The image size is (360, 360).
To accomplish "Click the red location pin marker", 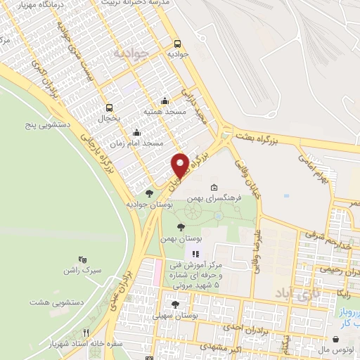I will click(x=180, y=165).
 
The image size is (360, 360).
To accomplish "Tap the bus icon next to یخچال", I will click(x=109, y=108).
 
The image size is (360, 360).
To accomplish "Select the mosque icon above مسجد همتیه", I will click(x=165, y=100).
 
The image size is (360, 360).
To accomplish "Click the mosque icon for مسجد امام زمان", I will click(x=136, y=132).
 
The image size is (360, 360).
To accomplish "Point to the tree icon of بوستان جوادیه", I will click(x=148, y=193).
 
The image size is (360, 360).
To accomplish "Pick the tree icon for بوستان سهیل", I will click(x=175, y=304).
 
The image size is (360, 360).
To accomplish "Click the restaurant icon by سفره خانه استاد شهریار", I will click(x=86, y=333).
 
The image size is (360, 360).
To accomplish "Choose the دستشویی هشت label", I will click(x=54, y=302).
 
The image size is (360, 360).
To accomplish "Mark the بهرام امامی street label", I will click(x=320, y=172).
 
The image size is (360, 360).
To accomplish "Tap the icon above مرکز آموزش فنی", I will click(x=195, y=253).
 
